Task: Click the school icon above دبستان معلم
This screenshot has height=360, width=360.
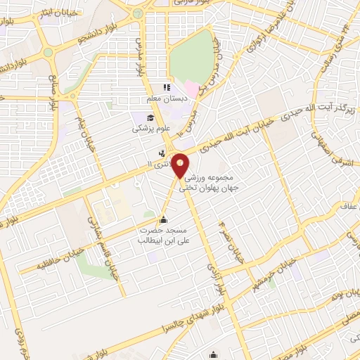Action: (x=167, y=88)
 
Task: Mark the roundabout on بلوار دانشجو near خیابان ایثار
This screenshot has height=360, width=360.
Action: (x=48, y=51)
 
